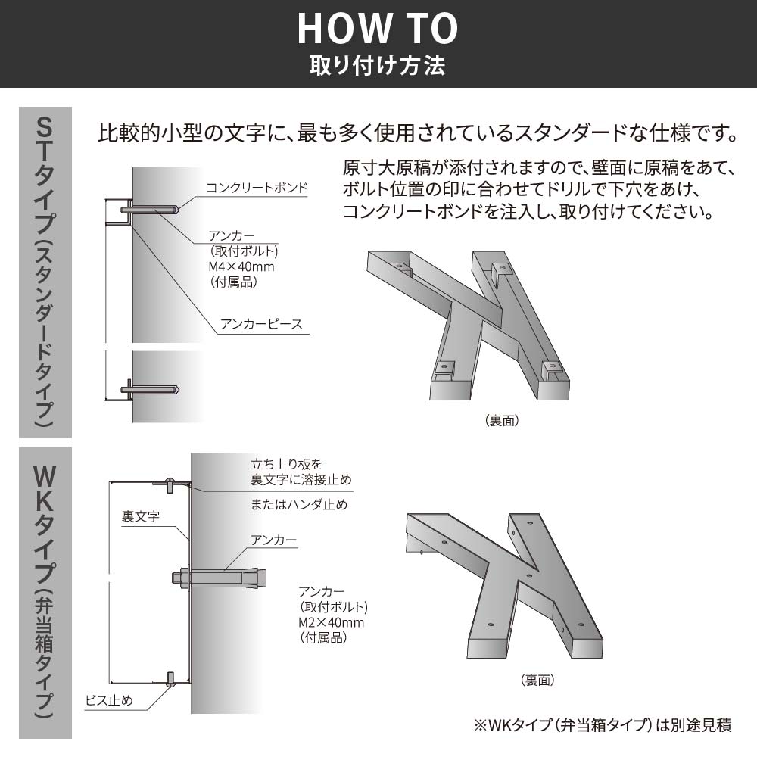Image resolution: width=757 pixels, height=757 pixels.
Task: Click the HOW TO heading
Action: coord(378,28)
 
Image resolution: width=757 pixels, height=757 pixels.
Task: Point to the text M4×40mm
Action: coord(241,266)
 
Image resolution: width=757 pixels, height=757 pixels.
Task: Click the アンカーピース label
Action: coord(261,324)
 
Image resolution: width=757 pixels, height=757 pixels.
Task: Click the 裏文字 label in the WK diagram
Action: coord(140,518)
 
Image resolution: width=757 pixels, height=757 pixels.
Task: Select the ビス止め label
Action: coord(109,700)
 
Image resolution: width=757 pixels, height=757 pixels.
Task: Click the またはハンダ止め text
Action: coord(299,504)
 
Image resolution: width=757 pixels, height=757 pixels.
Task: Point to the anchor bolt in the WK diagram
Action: coord(220,578)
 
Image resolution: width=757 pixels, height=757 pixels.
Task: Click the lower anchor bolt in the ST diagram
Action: coord(151,390)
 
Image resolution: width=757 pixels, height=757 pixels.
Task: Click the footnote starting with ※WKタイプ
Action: coord(603,724)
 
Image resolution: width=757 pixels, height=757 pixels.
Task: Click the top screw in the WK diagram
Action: coord(172,482)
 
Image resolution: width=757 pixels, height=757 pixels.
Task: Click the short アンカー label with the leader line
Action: coord(273,540)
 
